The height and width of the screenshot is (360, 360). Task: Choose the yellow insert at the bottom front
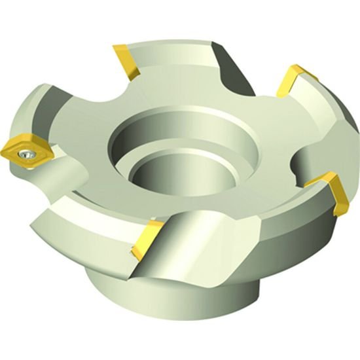click(x=147, y=238)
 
